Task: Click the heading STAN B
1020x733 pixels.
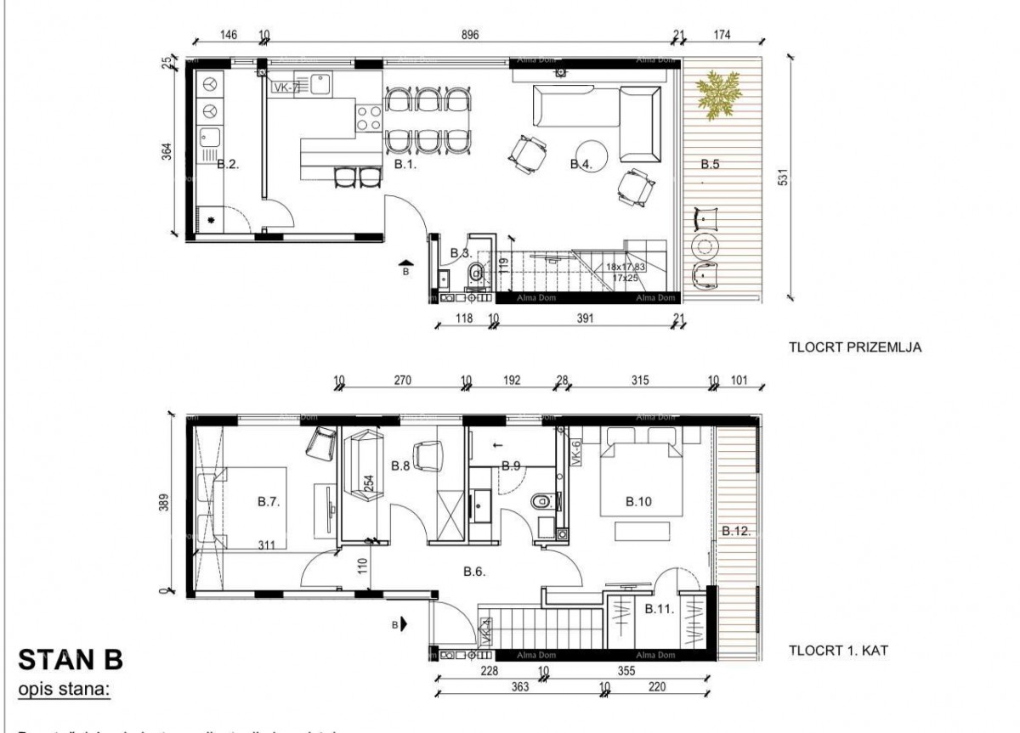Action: (x=70, y=660)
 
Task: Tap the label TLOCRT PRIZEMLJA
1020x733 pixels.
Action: (x=855, y=347)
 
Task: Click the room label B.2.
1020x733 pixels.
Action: (x=228, y=165)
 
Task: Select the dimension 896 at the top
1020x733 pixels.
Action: (x=470, y=36)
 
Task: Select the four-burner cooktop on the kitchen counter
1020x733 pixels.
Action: (x=368, y=118)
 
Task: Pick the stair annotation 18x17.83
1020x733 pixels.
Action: (x=626, y=267)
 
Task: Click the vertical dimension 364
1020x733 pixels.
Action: (x=167, y=152)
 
